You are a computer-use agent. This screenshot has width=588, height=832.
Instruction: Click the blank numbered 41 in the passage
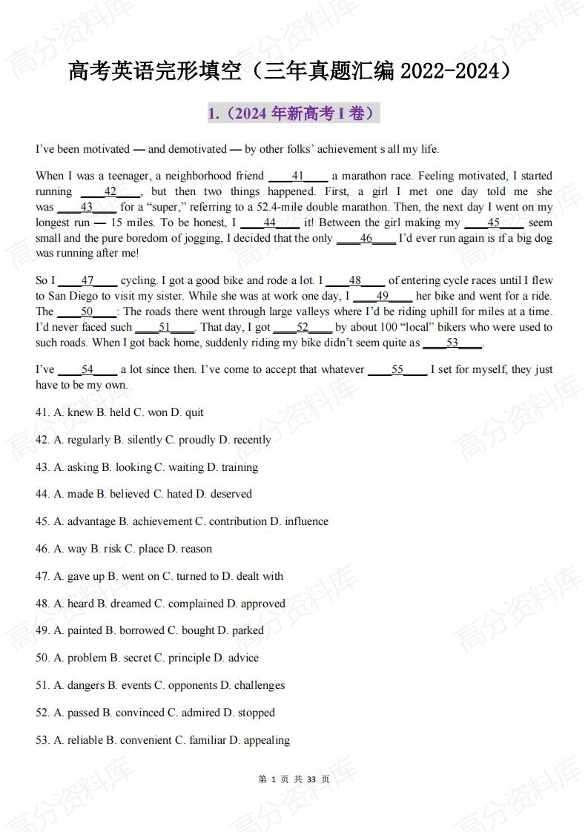[297, 176]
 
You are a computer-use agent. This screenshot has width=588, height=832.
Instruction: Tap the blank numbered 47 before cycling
[87, 281]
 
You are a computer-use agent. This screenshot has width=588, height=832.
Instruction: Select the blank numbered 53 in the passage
[452, 343]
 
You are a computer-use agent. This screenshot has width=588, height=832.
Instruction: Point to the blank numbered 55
[397, 370]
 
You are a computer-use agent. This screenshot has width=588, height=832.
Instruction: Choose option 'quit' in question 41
[194, 413]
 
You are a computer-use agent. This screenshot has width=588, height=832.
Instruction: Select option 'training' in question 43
[239, 468]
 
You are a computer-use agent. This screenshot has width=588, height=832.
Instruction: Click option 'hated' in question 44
[186, 495]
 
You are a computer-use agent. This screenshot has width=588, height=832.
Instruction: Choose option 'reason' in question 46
[196, 549]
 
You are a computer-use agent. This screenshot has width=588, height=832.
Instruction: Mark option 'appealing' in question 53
[266, 741]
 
